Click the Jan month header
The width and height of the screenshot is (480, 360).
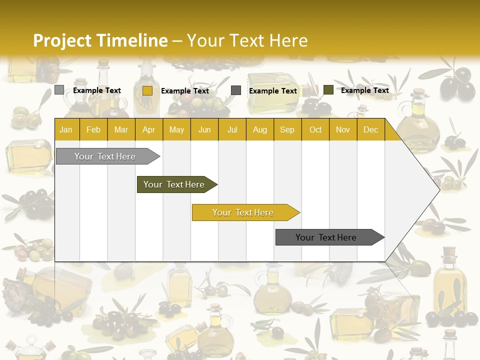point(66,129)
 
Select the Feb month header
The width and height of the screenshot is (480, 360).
point(93,129)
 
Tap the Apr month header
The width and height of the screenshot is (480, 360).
point(148,129)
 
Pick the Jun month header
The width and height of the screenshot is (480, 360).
point(204,129)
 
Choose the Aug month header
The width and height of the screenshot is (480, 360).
point(259,129)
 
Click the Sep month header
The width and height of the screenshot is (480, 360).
point(287,129)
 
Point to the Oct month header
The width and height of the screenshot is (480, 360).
point(315,129)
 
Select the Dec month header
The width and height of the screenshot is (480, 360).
point(370,129)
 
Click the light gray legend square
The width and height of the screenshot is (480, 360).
point(59,90)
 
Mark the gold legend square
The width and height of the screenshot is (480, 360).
point(147,90)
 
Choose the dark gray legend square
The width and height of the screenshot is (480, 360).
point(236,90)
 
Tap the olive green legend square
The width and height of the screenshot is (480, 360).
point(328,90)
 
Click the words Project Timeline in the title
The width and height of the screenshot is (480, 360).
point(100,40)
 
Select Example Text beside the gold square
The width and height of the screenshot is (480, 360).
point(185,91)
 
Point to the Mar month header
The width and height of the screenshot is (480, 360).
point(121,129)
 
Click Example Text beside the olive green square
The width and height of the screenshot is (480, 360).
point(364,90)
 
